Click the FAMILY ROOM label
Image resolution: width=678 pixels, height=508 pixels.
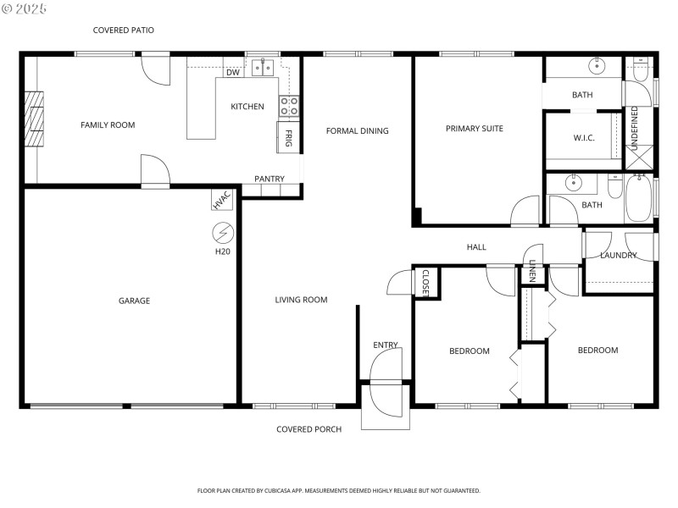click(108, 125)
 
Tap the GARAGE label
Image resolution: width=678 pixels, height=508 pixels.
click(134, 301)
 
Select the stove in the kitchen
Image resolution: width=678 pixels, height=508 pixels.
click(290, 106)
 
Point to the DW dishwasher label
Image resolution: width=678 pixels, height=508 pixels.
click(233, 73)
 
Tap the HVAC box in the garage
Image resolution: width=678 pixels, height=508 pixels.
click(222, 200)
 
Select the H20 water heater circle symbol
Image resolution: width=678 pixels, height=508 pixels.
click(223, 232)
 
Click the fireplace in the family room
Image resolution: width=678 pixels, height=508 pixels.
click(34, 120)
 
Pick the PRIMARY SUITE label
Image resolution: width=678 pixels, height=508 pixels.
click(475, 129)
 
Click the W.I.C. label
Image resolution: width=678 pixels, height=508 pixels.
click(583, 138)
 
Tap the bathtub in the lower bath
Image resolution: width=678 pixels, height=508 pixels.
click(639, 198)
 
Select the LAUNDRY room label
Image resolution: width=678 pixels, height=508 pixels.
click(618, 255)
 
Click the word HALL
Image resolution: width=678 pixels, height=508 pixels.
click(476, 247)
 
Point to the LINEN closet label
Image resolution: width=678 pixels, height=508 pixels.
click(531, 270)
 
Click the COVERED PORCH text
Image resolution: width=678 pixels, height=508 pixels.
click(309, 429)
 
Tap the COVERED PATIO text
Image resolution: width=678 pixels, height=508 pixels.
click(124, 30)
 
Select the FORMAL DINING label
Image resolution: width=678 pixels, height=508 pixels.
click(358, 131)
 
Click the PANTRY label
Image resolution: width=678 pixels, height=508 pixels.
click(270, 179)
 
